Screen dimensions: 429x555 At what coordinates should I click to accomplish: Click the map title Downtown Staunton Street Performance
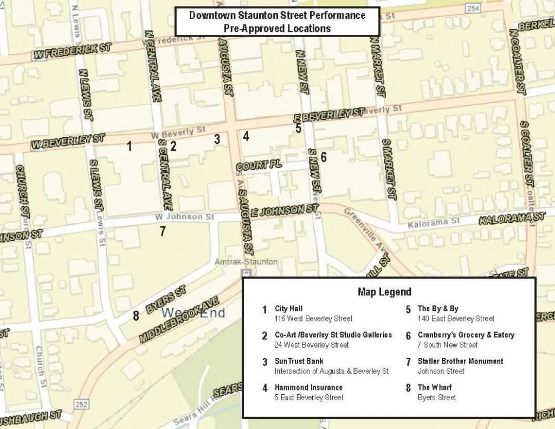[x=277, y=15]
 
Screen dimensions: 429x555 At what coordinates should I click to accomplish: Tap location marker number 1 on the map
[x=129, y=145]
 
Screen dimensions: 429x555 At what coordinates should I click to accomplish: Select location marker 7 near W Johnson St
[x=163, y=231]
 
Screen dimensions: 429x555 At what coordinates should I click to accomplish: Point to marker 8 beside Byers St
[x=136, y=316]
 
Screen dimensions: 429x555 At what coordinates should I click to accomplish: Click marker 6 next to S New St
[x=324, y=157]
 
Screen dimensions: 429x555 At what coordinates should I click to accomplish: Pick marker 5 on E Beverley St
[x=299, y=129]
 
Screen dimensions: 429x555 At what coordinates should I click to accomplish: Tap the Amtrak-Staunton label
[x=246, y=261]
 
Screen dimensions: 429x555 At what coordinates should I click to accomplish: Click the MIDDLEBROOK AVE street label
[x=179, y=320]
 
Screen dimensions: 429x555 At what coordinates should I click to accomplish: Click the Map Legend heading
[x=384, y=292]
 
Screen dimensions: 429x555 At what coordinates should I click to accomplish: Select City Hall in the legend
[x=288, y=309]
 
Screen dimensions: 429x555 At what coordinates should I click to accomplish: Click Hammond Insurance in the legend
[x=308, y=387]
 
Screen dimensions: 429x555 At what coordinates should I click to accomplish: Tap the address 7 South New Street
[x=447, y=345]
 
